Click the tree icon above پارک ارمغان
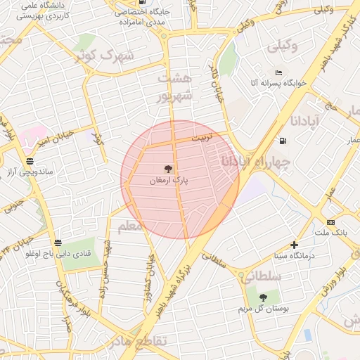click(x=167, y=169)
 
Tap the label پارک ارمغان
click(x=169, y=181)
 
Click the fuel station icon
click(x=283, y=140)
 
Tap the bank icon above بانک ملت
click(x=331, y=221)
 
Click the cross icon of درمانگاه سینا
click(x=294, y=245)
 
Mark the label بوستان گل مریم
click(x=264, y=308)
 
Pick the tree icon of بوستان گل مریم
click(x=263, y=297)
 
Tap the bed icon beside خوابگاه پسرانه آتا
click(x=279, y=72)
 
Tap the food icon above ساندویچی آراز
click(x=29, y=160)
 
